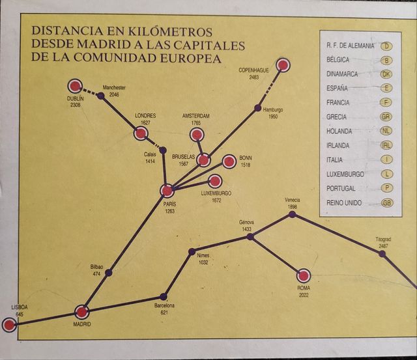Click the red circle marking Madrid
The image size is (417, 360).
click(81, 312)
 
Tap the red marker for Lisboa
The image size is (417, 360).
click(8, 324)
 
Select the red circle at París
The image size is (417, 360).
click(167, 191)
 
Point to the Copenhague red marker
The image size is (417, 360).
click(282, 64)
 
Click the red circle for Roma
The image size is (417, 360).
click(303, 275)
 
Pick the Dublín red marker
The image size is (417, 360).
click(74, 85)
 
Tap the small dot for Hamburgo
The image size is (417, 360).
click(258, 107)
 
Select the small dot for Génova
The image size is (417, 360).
click(250, 237)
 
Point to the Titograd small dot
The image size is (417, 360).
click(382, 253)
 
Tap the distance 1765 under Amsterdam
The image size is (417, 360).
click(196, 122)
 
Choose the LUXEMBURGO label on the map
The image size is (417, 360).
click(216, 193)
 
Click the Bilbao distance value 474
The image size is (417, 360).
click(97, 273)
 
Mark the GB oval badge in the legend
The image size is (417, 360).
click(387, 203)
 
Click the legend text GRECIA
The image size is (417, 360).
click(338, 117)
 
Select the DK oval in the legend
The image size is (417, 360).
click(387, 74)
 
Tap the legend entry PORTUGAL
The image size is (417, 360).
click(341, 188)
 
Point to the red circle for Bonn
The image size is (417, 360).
click(229, 161)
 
